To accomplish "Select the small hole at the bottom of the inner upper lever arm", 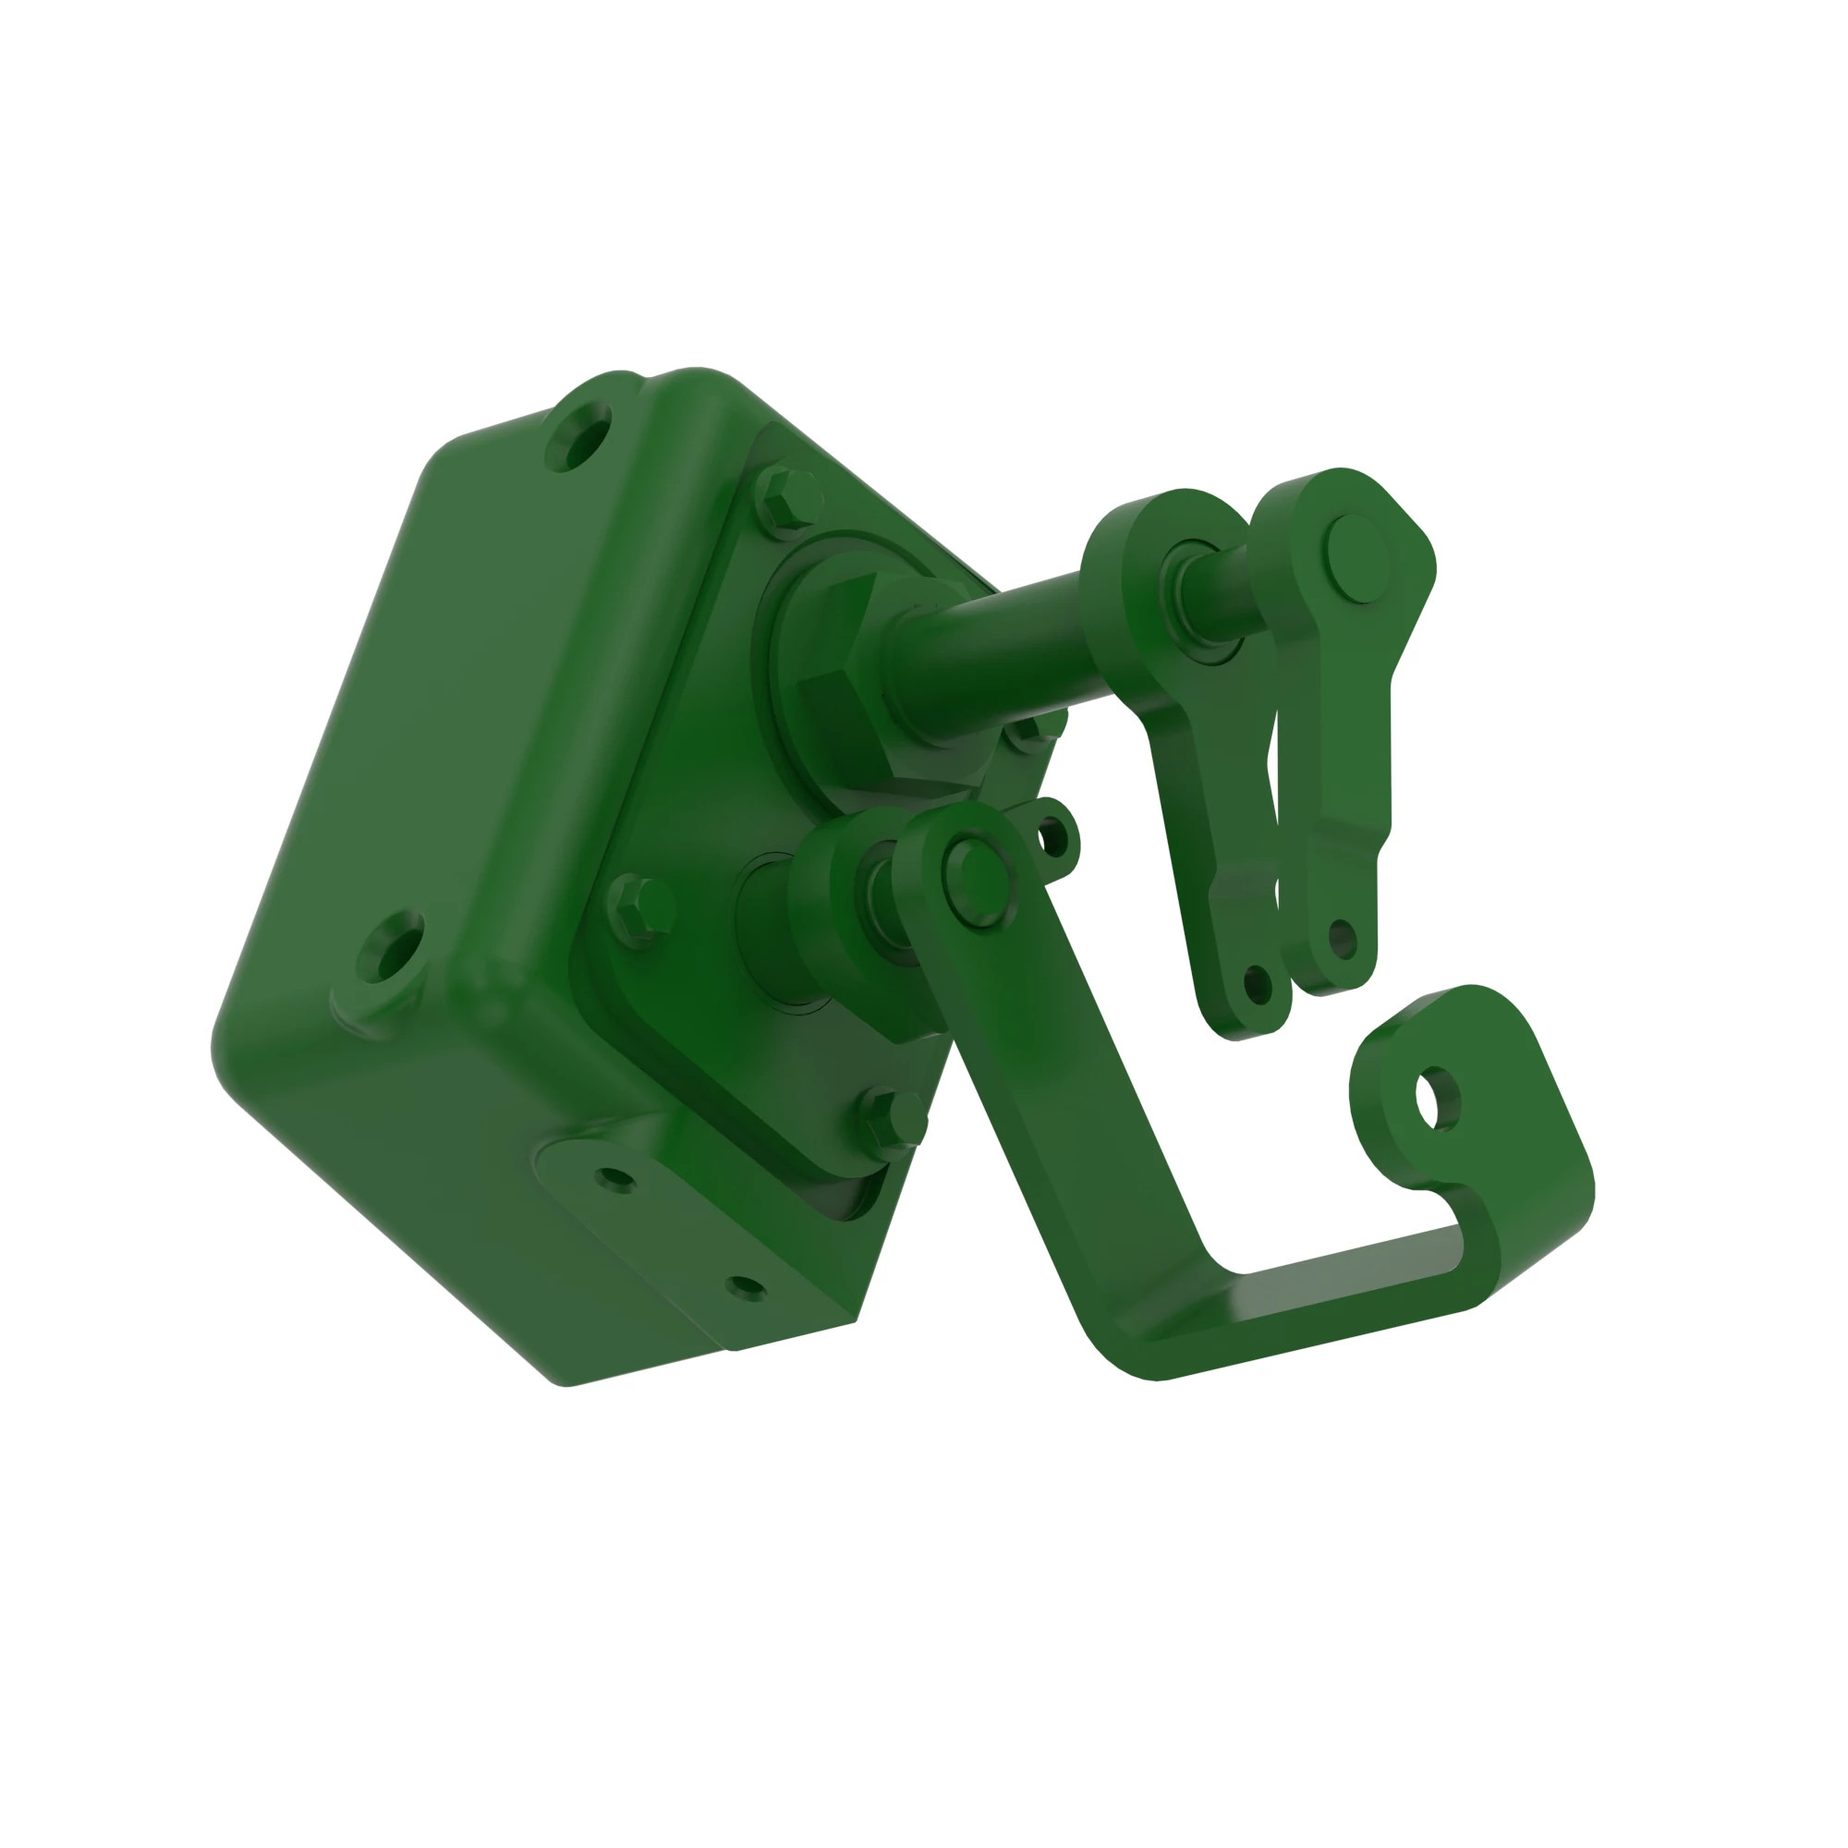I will click(1256, 982).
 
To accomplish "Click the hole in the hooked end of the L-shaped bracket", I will click(1438, 1100).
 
